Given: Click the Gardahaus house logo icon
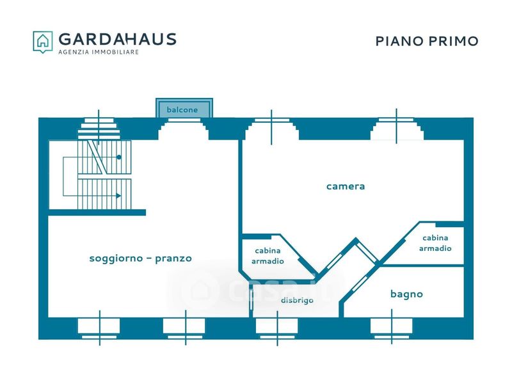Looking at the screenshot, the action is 43,42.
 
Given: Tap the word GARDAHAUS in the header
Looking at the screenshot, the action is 118,39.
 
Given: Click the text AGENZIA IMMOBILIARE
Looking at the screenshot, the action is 99,52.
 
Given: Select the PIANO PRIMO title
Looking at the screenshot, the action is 427,41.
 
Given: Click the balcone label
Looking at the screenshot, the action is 182,109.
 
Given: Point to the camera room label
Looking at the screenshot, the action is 346,186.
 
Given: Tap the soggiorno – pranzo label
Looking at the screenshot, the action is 140,259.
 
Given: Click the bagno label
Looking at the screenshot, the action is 406,294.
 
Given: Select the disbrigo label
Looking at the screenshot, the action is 297,300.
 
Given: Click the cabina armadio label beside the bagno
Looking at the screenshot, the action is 435,243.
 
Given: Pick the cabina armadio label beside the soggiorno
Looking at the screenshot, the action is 268,255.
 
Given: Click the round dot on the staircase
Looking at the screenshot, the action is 119,157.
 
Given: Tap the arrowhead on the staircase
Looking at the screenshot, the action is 118,196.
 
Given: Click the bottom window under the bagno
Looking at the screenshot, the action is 392,328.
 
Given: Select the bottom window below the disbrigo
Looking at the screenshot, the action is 277,328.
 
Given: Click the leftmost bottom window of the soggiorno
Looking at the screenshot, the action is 99,328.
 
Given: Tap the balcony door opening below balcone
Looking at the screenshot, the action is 184,129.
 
